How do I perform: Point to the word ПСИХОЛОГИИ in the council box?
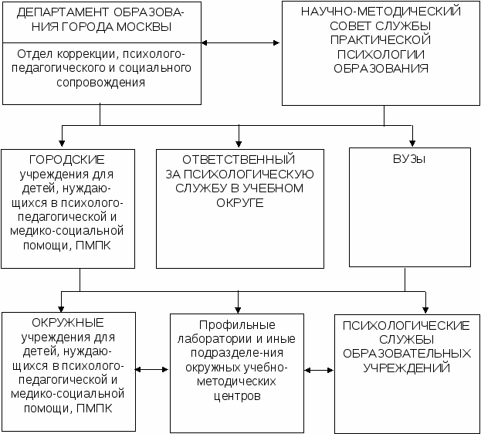point(383,54)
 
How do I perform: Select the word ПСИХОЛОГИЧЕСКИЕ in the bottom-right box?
point(407,325)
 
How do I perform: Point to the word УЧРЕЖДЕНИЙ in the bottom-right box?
point(407,367)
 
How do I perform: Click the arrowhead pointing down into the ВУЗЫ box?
point(413,142)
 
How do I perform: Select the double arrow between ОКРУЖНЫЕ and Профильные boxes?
point(152,370)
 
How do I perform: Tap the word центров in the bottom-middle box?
point(239,396)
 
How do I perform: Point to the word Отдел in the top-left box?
point(33,54)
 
